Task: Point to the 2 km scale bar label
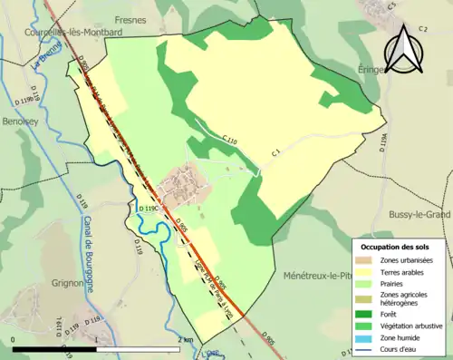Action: (x=186, y=339)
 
